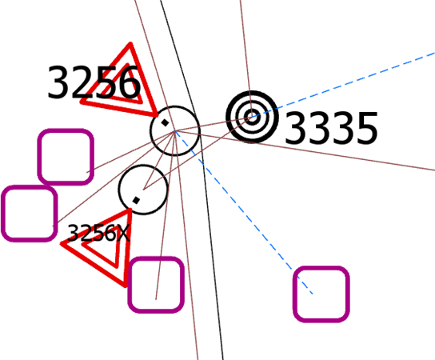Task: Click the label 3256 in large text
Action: click(x=94, y=82)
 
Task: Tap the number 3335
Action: click(x=331, y=128)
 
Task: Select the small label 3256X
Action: click(x=98, y=233)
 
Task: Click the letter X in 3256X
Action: click(x=123, y=233)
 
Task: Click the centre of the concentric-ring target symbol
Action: click(x=252, y=117)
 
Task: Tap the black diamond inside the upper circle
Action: click(x=165, y=122)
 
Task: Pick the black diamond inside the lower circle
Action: click(x=136, y=200)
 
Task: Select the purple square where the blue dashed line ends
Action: click(x=321, y=294)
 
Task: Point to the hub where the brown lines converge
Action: click(x=175, y=131)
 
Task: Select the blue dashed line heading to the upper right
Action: click(x=344, y=84)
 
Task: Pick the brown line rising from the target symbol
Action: click(x=246, y=58)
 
